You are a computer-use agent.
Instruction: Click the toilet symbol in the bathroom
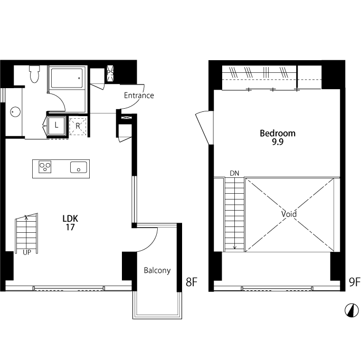pos(34,74)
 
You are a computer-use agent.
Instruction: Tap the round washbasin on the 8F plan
pos(15,112)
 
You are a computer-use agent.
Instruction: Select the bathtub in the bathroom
pos(67,78)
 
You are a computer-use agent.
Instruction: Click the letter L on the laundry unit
pos(56,125)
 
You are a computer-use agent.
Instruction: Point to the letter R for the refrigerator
pos(78,126)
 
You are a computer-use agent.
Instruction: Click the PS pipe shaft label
pos(110,73)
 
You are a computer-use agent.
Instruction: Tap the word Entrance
pos(139,96)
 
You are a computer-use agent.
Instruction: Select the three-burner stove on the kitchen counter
pos(45,166)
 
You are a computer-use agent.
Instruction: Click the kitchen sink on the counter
pos(79,167)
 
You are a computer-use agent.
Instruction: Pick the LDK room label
pos(70,219)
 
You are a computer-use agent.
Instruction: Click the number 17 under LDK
pos(70,228)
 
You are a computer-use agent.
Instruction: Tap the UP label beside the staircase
pos(27,252)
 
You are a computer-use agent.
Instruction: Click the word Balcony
pos(157,270)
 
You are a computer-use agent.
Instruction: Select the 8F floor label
pos(192,282)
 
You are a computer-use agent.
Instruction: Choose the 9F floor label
pos(355,282)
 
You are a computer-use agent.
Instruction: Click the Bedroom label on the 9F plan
pos(278,133)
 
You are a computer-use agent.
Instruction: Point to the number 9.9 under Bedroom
pos(278,142)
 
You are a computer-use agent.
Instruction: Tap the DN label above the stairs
pos(234,173)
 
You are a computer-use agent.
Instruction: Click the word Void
pos(289,214)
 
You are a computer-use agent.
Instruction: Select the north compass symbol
pos(351,310)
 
